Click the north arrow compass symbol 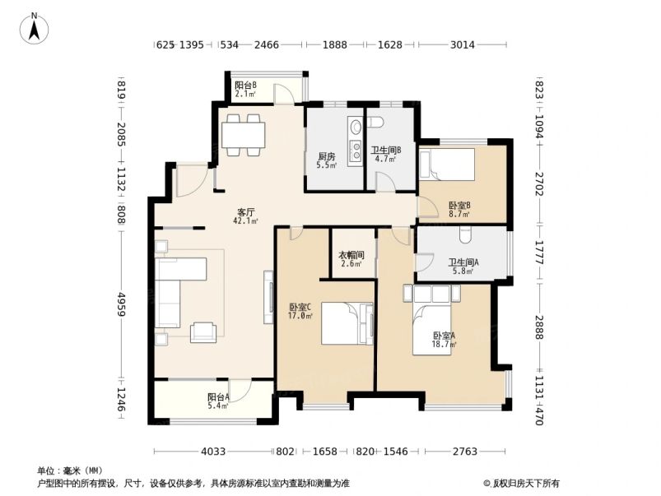[35, 28]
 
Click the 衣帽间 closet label [351, 259]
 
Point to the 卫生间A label [461, 267]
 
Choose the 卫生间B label [385, 154]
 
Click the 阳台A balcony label [218, 401]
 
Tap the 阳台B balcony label [245, 89]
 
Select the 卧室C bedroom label [300, 310]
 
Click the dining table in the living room [244, 133]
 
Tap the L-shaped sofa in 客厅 [177, 288]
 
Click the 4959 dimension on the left [122, 304]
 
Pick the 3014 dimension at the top [462, 45]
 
